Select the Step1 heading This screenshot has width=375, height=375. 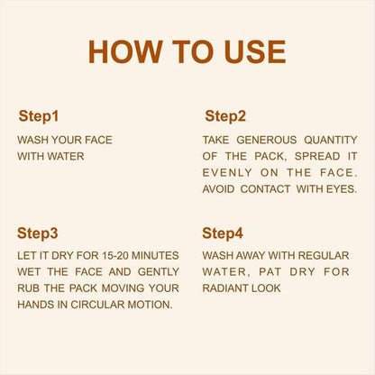(x=39, y=116)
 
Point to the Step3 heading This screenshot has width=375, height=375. (x=39, y=233)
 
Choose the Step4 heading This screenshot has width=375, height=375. (x=223, y=233)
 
